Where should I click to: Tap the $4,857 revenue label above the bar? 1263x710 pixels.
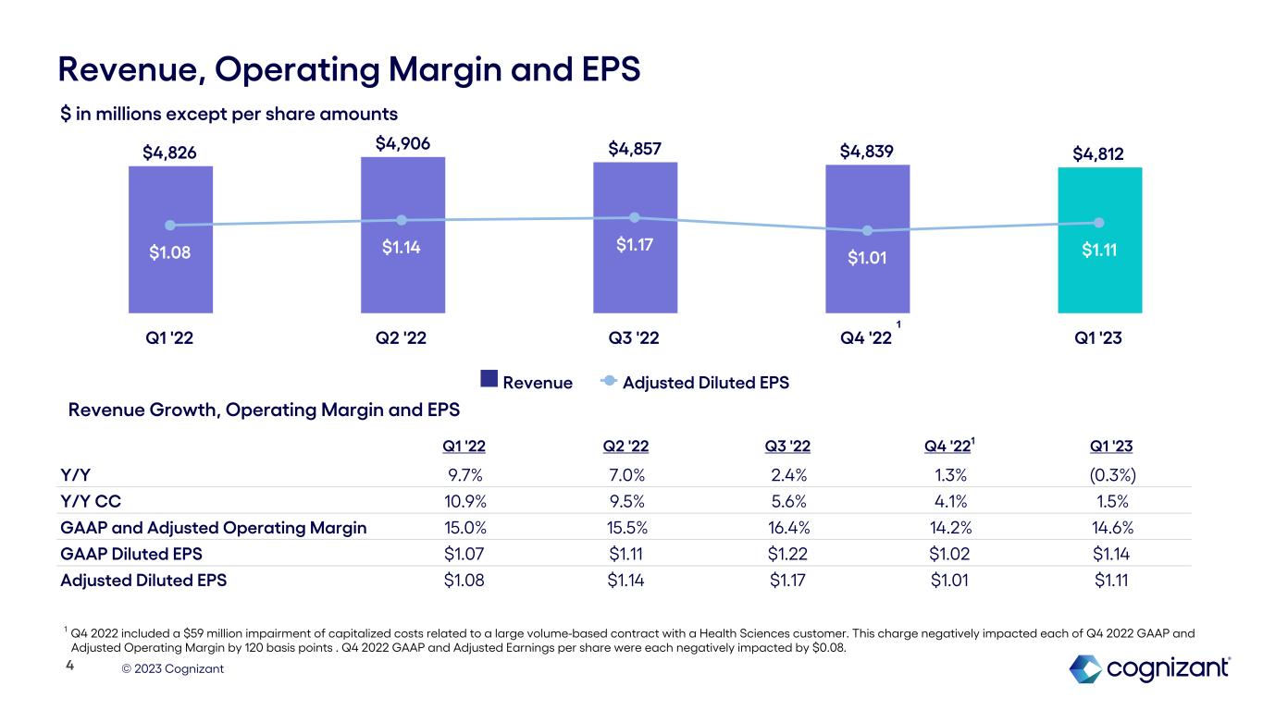click(x=635, y=148)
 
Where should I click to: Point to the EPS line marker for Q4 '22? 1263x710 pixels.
click(x=868, y=230)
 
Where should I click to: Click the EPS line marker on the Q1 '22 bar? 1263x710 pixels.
click(x=170, y=225)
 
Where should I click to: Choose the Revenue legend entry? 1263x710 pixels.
click(x=526, y=382)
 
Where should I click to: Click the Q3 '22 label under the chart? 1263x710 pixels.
click(x=635, y=337)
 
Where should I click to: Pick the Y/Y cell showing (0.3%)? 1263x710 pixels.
click(x=1111, y=475)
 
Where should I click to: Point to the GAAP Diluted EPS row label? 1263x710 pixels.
click(x=131, y=555)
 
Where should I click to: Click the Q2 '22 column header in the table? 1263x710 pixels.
click(x=625, y=447)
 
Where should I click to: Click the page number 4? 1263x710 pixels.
click(x=69, y=665)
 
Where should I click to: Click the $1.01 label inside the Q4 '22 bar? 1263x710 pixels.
click(x=868, y=257)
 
